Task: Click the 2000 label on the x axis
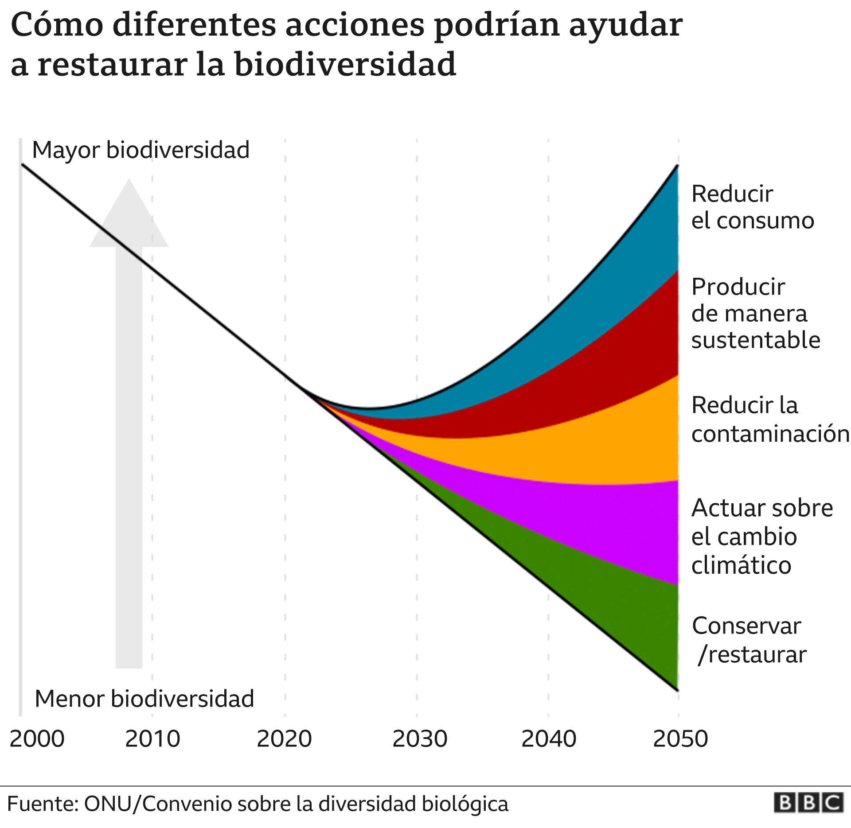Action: coord(37,739)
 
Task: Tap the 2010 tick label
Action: coord(152,739)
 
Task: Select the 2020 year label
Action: coord(284,739)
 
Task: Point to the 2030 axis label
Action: coord(420,739)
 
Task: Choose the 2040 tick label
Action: coord(549,739)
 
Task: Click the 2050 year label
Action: coord(680,739)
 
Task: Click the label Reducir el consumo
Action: coord(752,207)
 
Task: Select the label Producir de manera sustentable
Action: coord(755,313)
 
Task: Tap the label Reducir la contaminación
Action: coord(769,419)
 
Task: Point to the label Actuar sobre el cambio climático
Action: coord(761,536)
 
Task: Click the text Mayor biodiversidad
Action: coord(141,150)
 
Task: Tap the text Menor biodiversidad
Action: coord(144,699)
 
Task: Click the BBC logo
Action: coord(808,803)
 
